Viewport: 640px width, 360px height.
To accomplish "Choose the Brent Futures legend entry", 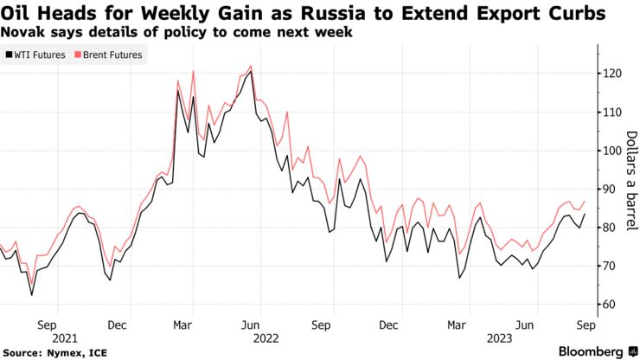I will (113, 55).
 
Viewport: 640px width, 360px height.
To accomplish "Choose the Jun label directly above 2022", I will (250, 327).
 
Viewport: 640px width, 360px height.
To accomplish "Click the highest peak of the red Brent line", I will (251, 66).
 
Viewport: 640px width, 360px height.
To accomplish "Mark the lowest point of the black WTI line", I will (32, 295).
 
